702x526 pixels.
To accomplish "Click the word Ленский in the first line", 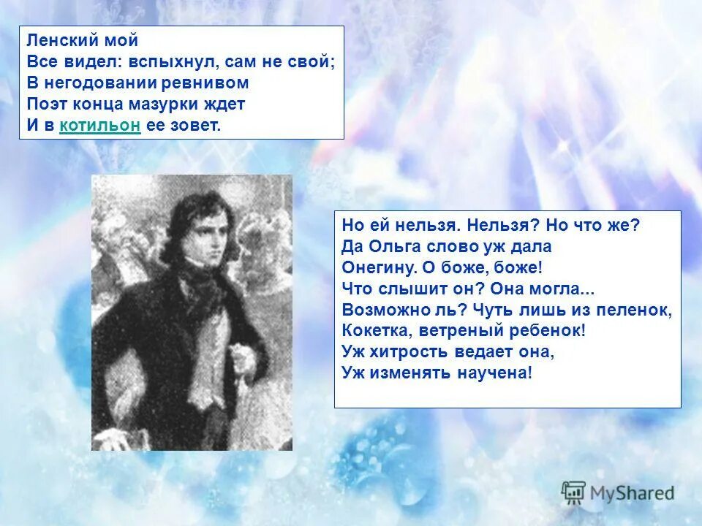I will (58, 41).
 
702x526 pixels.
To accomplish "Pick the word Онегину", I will (374, 267).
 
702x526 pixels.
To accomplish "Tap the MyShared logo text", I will (633, 493).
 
